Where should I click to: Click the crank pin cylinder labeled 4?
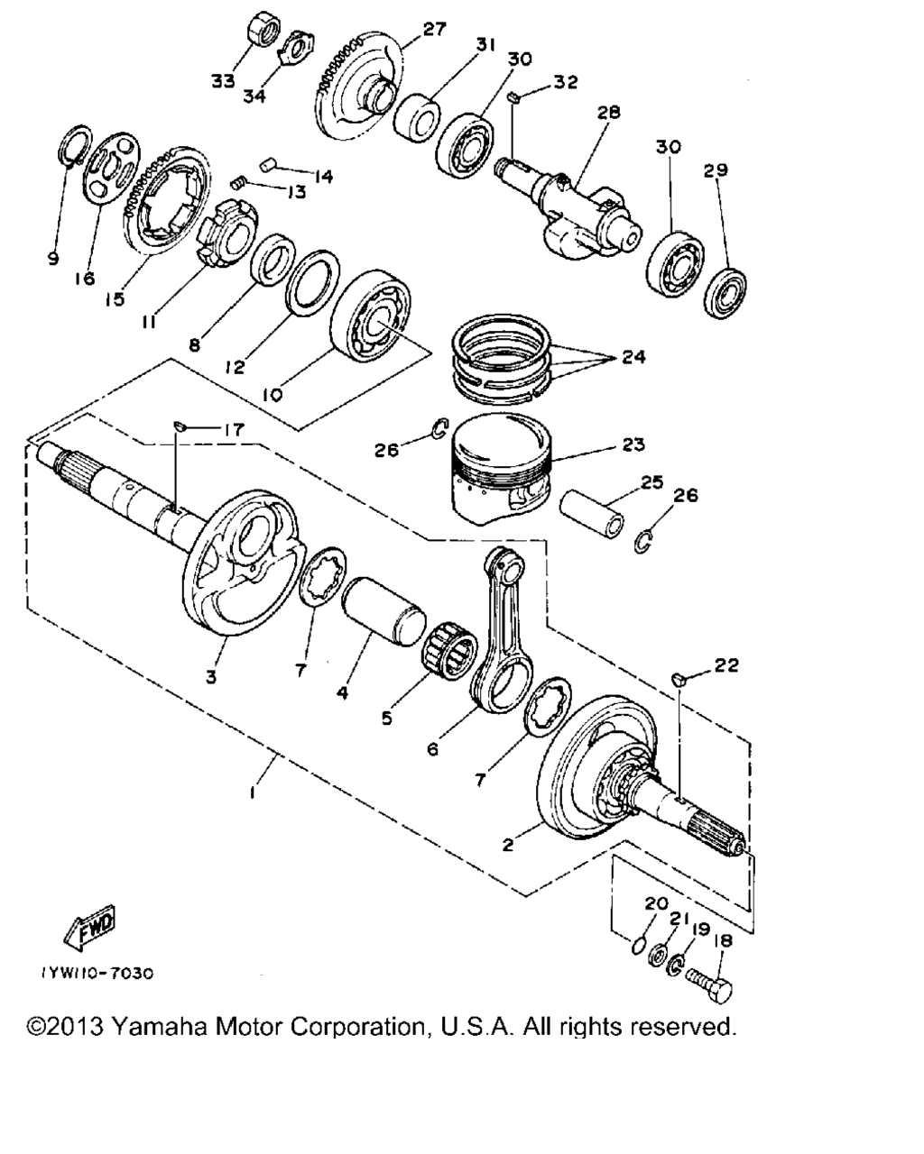[x=383, y=611]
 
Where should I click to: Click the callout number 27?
[x=434, y=30]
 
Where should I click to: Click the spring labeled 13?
[x=239, y=183]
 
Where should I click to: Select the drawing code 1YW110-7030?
[x=97, y=974]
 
